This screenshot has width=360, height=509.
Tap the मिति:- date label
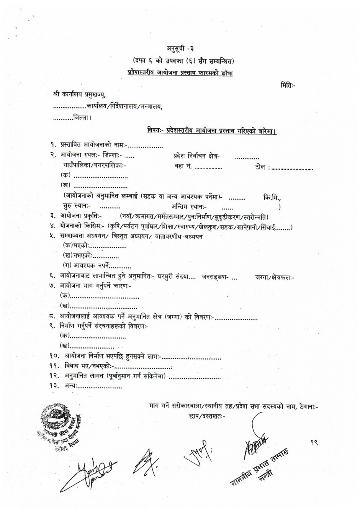[x=288, y=85]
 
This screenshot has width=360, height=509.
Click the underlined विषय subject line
[x=212, y=131]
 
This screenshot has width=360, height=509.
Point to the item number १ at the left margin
[x=53, y=145]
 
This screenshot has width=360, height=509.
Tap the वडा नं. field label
[x=183, y=167]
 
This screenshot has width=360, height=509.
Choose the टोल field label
[x=262, y=167]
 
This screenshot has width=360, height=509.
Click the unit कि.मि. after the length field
[x=272, y=198]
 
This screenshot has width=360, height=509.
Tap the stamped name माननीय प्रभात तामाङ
[x=261, y=467]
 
